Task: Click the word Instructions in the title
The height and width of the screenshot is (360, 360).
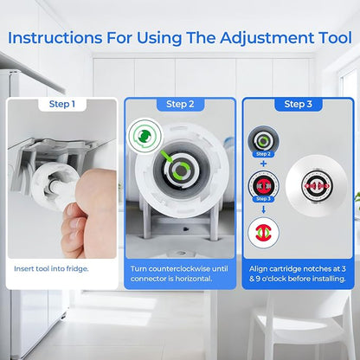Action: [55, 38]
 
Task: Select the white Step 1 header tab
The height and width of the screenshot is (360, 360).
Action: [62, 105]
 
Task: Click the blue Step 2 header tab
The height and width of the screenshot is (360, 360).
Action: [180, 105]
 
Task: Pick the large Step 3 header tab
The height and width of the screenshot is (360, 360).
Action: [299, 105]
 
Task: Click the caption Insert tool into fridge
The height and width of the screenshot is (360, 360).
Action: [51, 269]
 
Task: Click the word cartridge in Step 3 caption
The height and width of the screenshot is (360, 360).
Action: [284, 269]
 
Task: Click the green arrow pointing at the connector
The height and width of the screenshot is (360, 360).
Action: [166, 157]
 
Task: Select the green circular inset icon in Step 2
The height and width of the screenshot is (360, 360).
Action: [145, 136]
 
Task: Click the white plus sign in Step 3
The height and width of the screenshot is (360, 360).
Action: [263, 164]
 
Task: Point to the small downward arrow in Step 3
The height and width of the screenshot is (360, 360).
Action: [263, 210]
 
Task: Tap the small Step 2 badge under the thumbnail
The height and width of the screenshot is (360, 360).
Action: [263, 154]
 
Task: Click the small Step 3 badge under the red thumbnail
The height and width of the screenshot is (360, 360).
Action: [263, 199]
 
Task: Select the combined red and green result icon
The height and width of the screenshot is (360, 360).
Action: [263, 233]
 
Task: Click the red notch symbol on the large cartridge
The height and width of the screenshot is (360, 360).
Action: [317, 186]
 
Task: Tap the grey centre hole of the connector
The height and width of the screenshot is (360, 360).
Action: [181, 170]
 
